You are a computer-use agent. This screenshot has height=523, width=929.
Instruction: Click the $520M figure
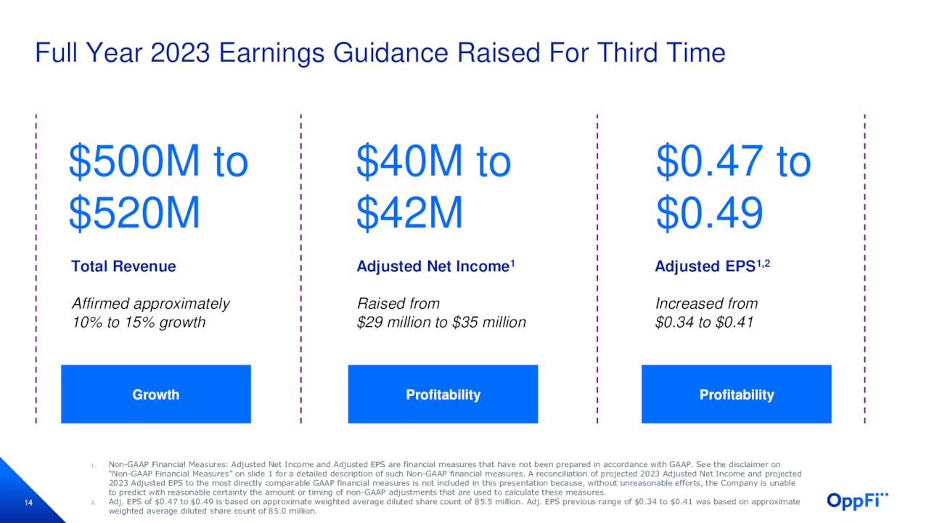[134, 214]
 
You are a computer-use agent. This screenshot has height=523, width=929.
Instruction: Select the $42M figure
[409, 214]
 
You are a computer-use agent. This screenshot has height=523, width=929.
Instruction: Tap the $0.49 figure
[709, 214]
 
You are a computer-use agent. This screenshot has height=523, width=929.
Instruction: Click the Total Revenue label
[123, 267]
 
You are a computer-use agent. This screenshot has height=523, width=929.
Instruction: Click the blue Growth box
[155, 394]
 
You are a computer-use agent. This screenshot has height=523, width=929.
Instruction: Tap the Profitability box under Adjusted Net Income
[443, 394]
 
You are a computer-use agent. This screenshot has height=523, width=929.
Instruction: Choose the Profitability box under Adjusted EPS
[736, 394]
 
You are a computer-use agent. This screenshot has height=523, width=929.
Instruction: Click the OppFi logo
[857, 500]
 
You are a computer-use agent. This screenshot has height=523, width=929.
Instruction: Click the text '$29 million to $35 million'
[441, 323]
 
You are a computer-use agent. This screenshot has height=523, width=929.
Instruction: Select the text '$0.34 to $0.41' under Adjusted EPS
[704, 323]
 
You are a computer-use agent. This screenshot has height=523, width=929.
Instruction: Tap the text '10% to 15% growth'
[139, 323]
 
